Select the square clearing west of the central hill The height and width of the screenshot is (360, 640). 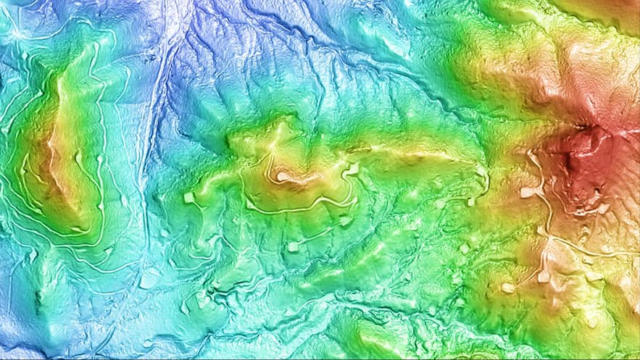[189, 197]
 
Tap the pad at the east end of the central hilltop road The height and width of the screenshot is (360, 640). [353, 169]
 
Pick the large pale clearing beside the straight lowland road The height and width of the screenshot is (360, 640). [151, 278]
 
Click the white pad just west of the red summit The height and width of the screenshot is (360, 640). [531, 193]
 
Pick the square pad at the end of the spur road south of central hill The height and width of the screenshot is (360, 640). [293, 247]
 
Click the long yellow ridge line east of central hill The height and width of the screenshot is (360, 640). [413, 154]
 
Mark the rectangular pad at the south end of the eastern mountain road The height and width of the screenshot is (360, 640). [544, 276]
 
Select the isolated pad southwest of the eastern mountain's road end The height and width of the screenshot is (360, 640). [508, 288]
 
